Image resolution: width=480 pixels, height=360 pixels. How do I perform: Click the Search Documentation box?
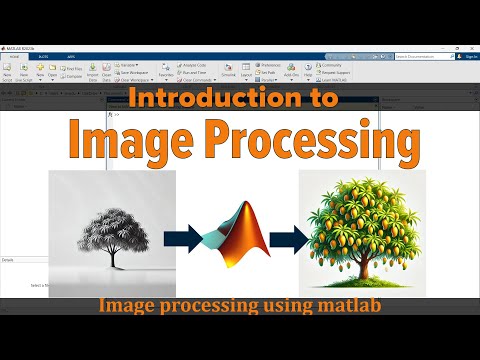coord(419,57)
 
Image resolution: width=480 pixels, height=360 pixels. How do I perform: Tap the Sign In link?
coord(471,57)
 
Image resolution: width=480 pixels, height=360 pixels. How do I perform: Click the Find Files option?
coord(74,68)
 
